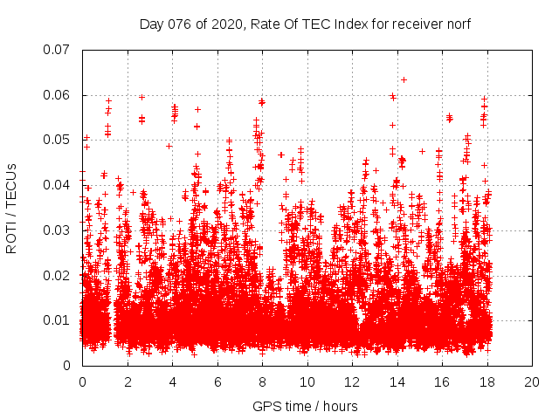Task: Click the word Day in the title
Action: tap(151, 24)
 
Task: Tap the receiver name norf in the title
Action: tap(458, 24)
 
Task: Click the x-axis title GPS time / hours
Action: tap(305, 406)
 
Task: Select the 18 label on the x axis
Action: tap(487, 382)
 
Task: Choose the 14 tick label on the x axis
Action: tap(397, 382)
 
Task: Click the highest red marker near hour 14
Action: tap(404, 79)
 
